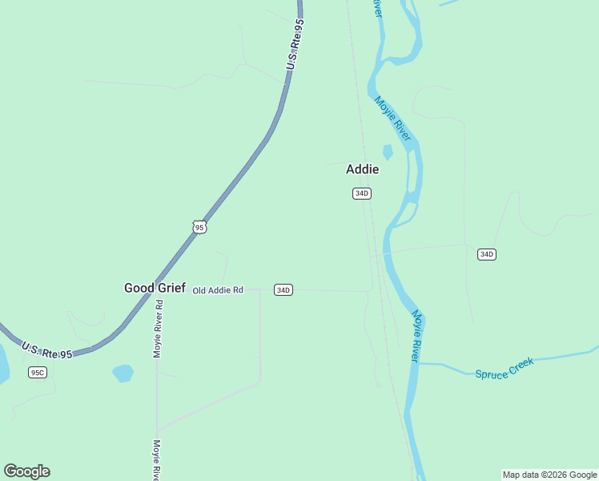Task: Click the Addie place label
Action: [362, 169]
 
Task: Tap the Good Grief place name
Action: [155, 287]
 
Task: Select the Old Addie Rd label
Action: [218, 289]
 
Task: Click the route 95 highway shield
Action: [199, 227]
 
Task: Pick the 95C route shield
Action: [38, 372]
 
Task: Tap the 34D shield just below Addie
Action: [362, 193]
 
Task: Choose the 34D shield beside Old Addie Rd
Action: [283, 289]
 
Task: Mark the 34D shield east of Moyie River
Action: [486, 254]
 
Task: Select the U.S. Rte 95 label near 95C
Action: [46, 350]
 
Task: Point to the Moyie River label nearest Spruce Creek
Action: [416, 335]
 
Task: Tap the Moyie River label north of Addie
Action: [392, 119]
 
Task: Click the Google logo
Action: [26, 471]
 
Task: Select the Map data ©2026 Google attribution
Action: [550, 475]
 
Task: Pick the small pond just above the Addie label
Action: [388, 152]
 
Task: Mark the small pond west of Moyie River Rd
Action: [123, 373]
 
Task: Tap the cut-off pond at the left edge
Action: [3, 365]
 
